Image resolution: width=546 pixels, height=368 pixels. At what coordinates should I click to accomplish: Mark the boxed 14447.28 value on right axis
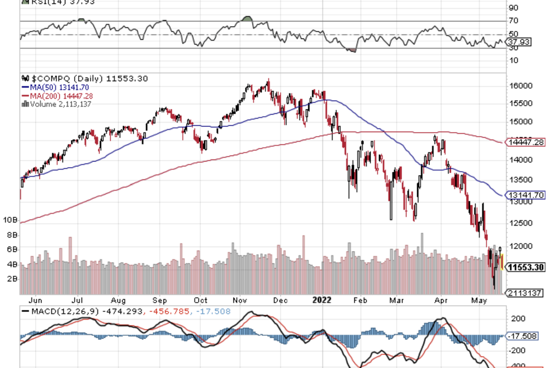click(526, 142)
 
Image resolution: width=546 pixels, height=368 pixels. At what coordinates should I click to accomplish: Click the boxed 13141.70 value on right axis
click(526, 195)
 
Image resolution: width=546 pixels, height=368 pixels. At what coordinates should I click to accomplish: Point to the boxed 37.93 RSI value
click(519, 42)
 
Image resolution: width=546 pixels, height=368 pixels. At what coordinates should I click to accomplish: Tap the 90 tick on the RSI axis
click(513, 8)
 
